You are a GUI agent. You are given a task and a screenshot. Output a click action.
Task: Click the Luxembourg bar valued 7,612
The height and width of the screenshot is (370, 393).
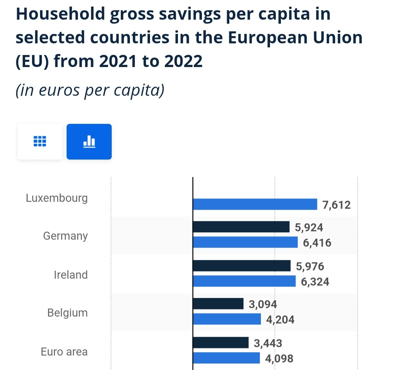pyautogui.click(x=255, y=204)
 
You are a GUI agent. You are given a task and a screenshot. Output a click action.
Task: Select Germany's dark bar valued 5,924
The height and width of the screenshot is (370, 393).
pyautogui.click(x=241, y=227)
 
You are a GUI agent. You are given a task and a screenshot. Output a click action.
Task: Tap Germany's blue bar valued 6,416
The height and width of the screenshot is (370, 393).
pyautogui.click(x=245, y=242)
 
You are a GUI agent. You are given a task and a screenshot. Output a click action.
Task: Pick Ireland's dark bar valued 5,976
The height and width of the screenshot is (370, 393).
pyautogui.click(x=241, y=266)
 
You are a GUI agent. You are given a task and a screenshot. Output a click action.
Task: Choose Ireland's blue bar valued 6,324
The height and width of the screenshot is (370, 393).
pyautogui.click(x=244, y=281)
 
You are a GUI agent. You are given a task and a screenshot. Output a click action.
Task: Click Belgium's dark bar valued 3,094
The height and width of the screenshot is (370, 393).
pyautogui.click(x=218, y=304)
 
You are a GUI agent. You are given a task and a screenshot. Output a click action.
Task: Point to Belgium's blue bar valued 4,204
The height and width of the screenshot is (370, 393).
pyautogui.click(x=226, y=319)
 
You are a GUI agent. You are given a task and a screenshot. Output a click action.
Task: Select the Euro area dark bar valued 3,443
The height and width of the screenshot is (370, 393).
pyautogui.click(x=220, y=343)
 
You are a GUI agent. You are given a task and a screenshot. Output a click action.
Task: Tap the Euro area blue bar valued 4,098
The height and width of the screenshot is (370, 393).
pyautogui.click(x=226, y=358)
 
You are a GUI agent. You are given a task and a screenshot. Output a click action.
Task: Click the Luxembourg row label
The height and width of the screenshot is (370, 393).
pyautogui.click(x=57, y=198)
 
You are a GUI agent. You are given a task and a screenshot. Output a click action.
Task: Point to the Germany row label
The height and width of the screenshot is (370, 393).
pyautogui.click(x=65, y=236)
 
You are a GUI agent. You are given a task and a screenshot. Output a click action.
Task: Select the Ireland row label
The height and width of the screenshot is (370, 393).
pyautogui.click(x=71, y=275)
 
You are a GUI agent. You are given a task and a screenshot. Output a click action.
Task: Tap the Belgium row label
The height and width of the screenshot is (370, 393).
pyautogui.click(x=67, y=313)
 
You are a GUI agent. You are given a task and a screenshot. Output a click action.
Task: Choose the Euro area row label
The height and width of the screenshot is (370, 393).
pyautogui.click(x=64, y=352)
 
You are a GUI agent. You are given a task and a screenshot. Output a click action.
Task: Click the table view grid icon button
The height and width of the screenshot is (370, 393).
pyautogui.click(x=40, y=142)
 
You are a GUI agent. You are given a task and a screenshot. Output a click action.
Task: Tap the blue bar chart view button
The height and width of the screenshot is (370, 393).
pyautogui.click(x=89, y=142)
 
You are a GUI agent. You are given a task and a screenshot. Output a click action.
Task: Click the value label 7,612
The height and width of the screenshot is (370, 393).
pyautogui.click(x=337, y=205)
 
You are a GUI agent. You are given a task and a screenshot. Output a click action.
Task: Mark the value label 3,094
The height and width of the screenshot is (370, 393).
pyautogui.click(x=263, y=304)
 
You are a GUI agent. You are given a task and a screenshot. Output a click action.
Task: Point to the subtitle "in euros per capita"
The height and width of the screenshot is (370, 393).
pyautogui.click(x=90, y=90)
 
